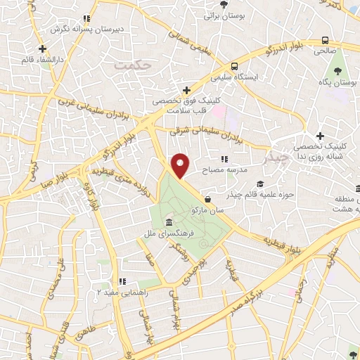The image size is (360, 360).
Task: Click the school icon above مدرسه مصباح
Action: (x=224, y=160)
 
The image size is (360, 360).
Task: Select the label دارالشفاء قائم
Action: (x=42, y=60)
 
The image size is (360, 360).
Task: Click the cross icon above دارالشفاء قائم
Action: (x=44, y=49)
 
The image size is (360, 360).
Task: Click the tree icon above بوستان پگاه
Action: (x=338, y=71)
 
